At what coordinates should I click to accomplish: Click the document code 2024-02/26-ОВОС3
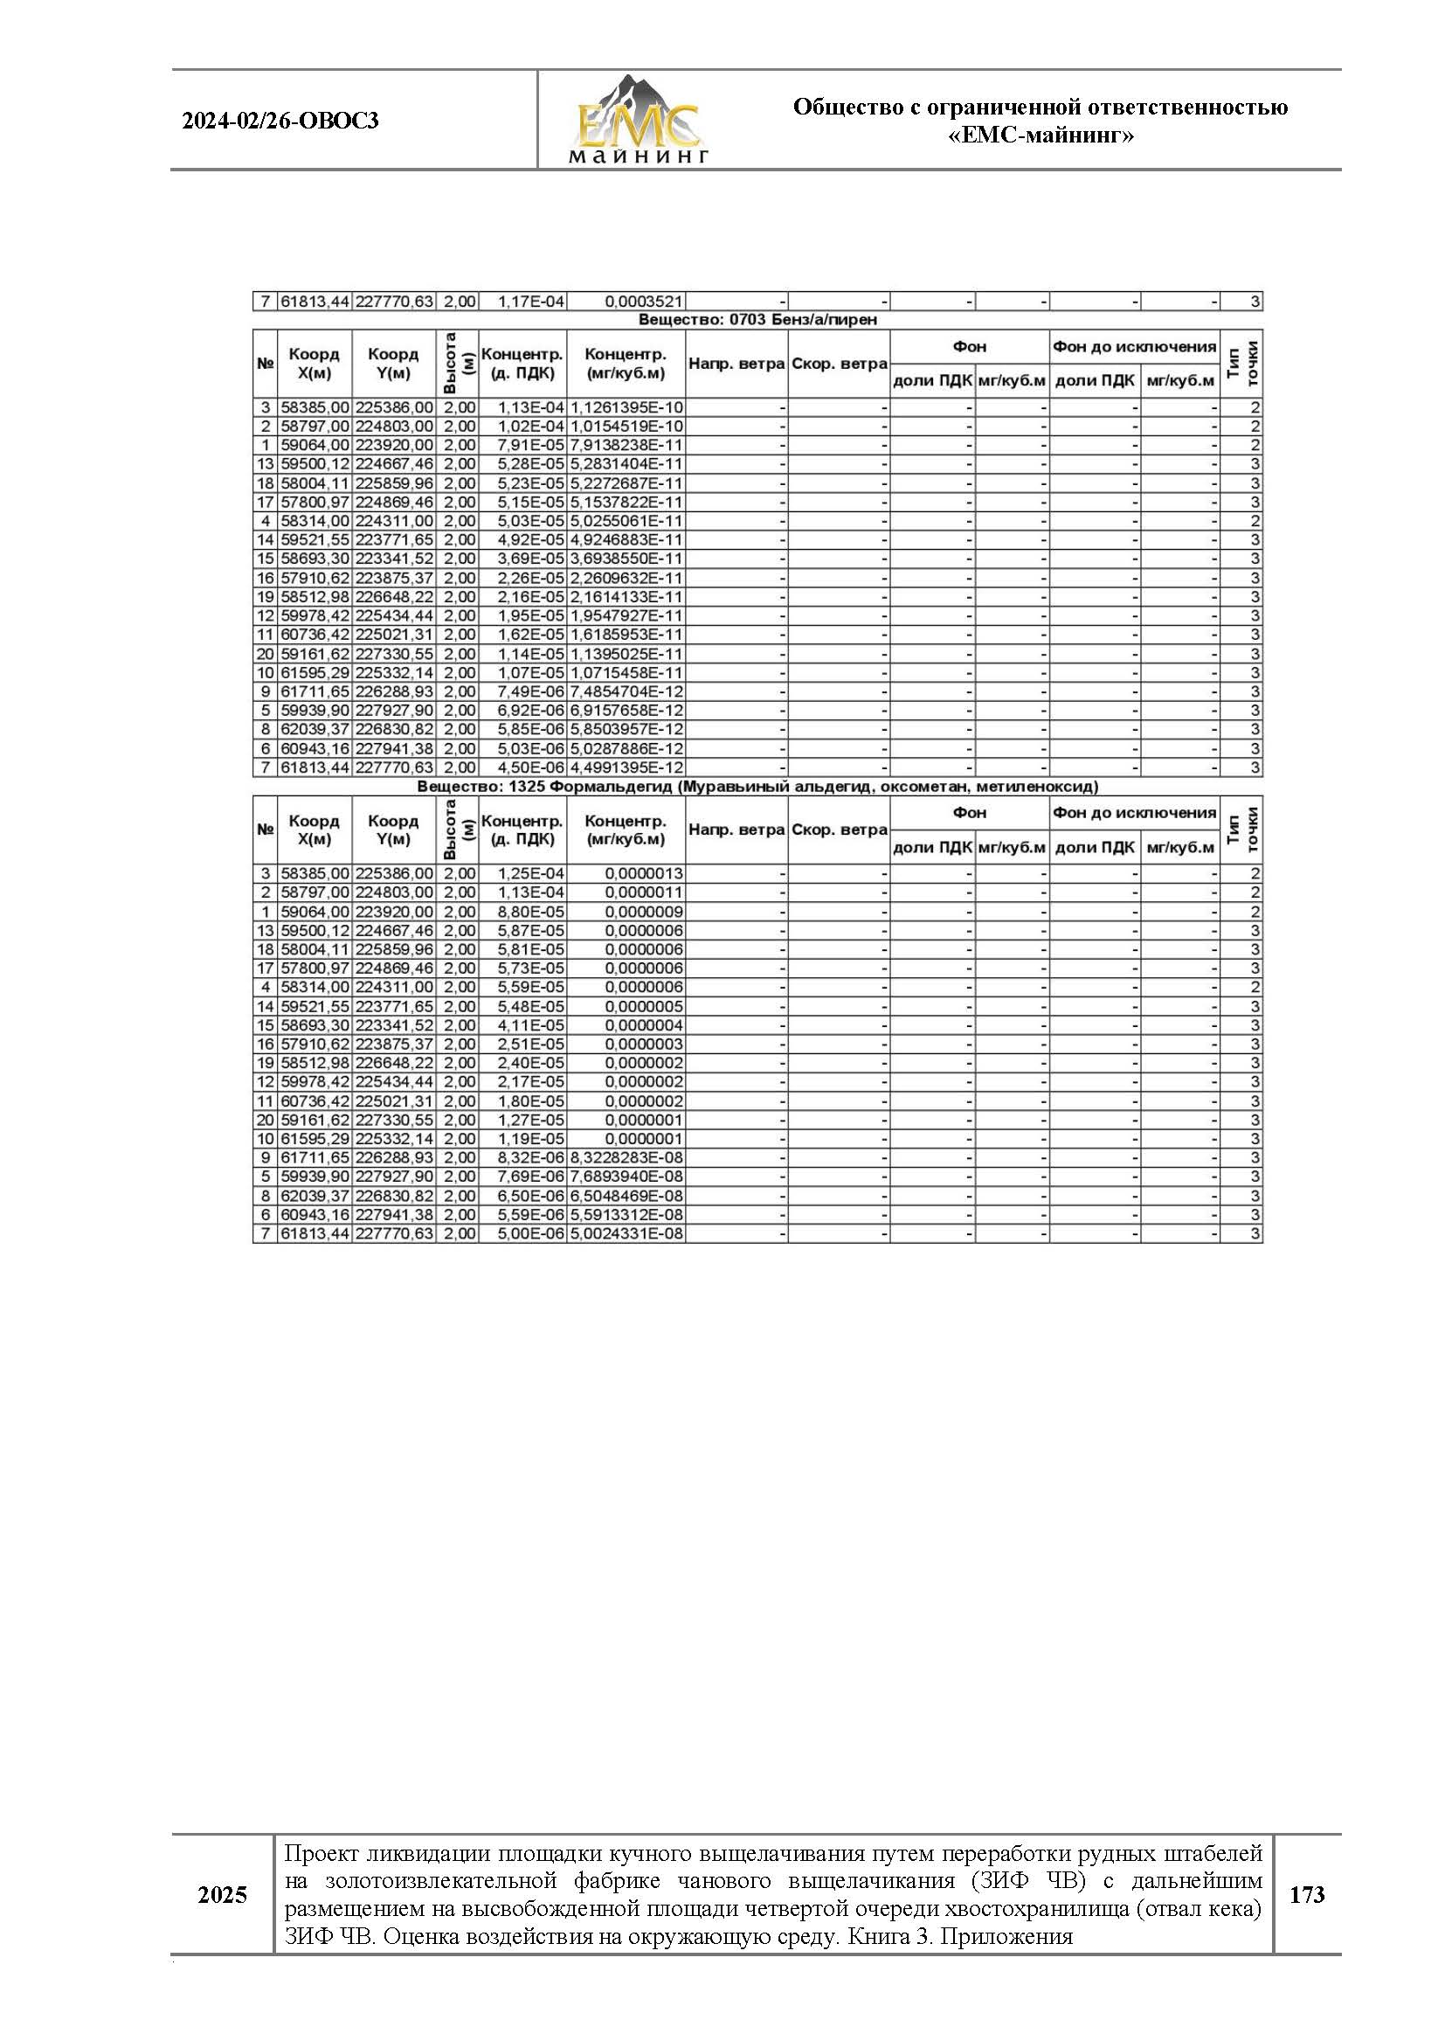(280, 121)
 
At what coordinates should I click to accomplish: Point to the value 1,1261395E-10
(626, 407)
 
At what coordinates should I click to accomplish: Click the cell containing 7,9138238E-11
(626, 445)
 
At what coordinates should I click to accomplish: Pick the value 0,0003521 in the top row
(643, 302)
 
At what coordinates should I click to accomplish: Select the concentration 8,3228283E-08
(626, 1158)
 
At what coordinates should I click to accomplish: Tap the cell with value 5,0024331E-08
(626, 1233)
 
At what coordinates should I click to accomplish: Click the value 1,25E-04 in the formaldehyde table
(530, 874)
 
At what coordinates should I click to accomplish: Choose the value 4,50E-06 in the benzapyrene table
(530, 767)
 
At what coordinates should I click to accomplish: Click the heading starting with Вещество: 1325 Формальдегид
(757, 787)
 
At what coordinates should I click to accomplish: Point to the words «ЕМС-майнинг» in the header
(1041, 135)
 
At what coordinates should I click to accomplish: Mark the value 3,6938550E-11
(626, 559)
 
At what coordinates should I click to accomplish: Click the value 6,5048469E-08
(626, 1196)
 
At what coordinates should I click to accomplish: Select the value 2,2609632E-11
(626, 578)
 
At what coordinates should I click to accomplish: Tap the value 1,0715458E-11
(626, 673)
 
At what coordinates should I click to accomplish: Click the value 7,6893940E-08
(626, 1177)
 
